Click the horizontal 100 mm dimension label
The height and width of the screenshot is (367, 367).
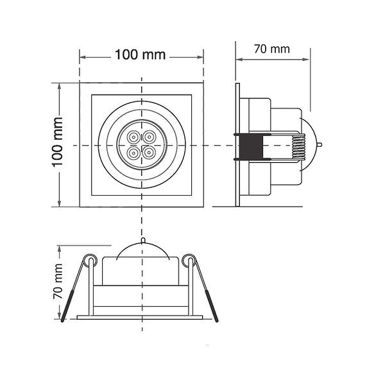click(x=141, y=55)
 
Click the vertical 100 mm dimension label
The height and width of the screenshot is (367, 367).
click(x=57, y=142)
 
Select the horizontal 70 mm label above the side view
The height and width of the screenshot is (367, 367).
click(x=272, y=49)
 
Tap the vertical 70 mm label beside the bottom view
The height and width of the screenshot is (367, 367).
click(x=58, y=281)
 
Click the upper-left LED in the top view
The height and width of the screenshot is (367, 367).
click(x=133, y=137)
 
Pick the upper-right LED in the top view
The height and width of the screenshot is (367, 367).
click(x=149, y=137)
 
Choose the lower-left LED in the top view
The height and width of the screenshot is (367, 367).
click(x=133, y=153)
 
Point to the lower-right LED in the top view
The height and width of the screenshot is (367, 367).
click(x=149, y=153)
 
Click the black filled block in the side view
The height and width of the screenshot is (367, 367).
click(x=251, y=147)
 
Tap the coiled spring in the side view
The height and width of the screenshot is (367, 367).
click(x=299, y=147)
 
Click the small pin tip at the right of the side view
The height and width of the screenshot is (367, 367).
click(x=320, y=145)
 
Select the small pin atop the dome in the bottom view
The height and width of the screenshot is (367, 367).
click(x=143, y=241)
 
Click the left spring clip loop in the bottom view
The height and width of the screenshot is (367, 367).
click(x=91, y=260)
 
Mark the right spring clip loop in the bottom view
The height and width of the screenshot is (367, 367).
click(x=189, y=260)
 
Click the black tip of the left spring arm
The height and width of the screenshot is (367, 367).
click(x=67, y=306)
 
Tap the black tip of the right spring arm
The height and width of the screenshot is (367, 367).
click(x=212, y=306)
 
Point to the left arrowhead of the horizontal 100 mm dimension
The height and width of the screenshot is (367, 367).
click(x=82, y=57)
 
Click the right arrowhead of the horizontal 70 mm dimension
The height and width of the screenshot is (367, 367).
click(x=306, y=60)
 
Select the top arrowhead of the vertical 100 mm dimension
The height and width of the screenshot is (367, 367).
click(x=59, y=87)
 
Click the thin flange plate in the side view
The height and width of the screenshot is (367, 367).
click(x=237, y=145)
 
